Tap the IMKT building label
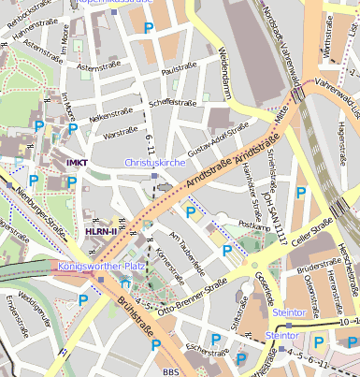[x=78, y=162]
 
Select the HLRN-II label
[x=101, y=231]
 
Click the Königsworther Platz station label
[x=100, y=266]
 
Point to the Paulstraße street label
[x=180, y=70]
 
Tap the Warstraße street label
[x=122, y=134]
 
